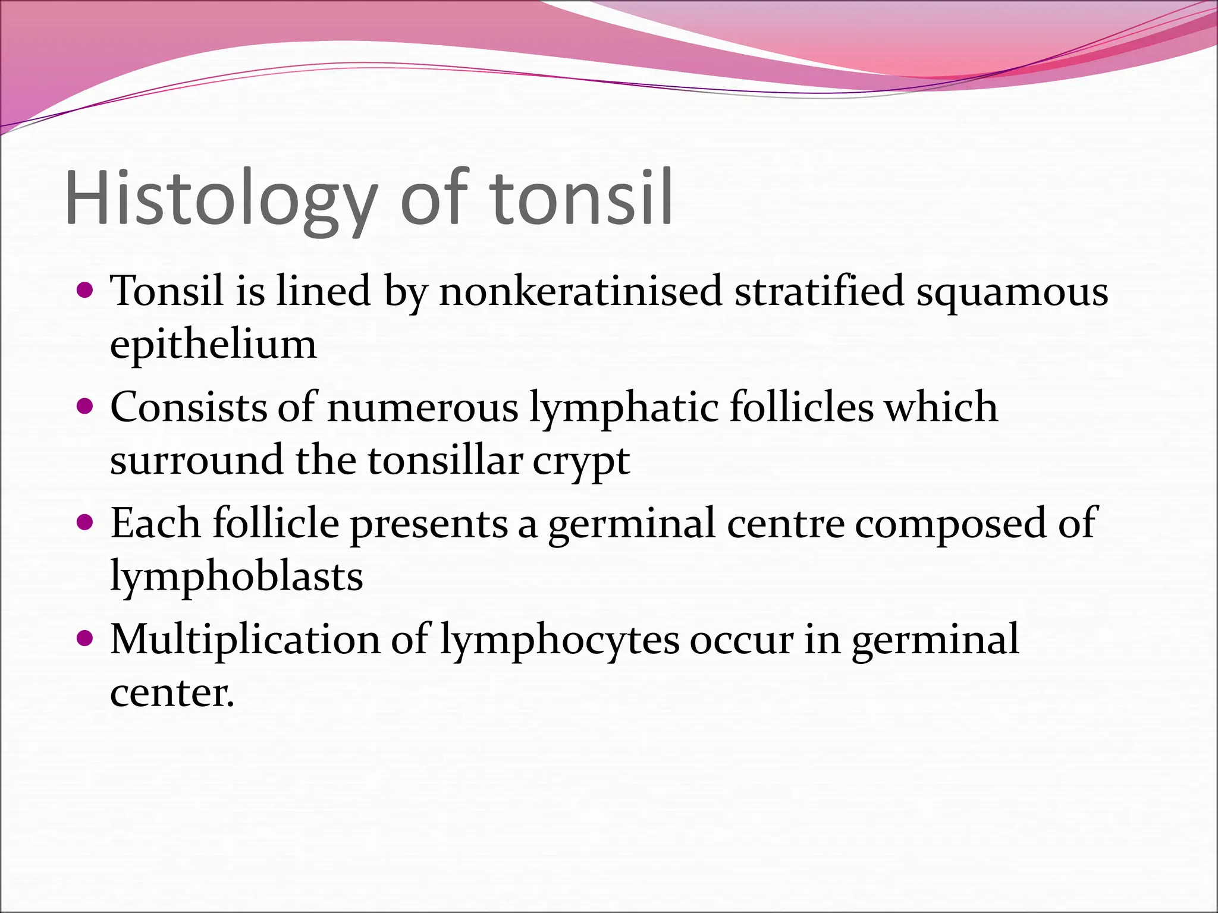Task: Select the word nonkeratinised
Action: pyautogui.click(x=580, y=291)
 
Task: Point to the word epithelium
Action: pyautogui.click(x=213, y=345)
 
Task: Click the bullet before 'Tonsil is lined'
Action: pyautogui.click(x=86, y=291)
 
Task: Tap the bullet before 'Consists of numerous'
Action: pyautogui.click(x=86, y=407)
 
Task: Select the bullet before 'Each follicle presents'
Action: pyautogui.click(x=86, y=523)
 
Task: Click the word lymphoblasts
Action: pyautogui.click(x=236, y=577)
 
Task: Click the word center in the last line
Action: pyautogui.click(x=171, y=693)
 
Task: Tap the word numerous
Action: pyautogui.click(x=422, y=408)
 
